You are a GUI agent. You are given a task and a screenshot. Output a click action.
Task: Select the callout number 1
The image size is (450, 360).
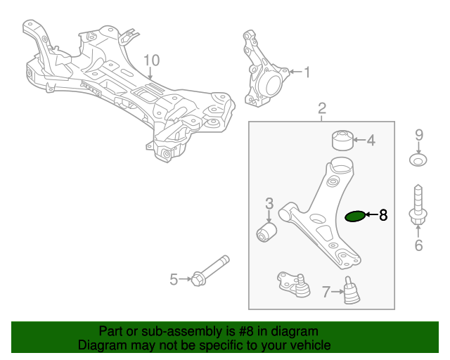coord(307,72)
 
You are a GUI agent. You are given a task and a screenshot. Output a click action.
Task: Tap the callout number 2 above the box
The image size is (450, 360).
coord(322,108)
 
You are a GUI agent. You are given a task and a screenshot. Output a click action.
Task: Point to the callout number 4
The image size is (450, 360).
coord(371,140)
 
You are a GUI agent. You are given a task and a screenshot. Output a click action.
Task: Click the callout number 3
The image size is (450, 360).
coord(269,204)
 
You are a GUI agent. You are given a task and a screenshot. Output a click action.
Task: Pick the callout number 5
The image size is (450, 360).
coord(174,280)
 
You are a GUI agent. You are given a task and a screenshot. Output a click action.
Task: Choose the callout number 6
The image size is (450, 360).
coord(418,245)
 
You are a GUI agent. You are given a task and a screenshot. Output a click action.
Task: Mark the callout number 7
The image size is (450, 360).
coord(326,291)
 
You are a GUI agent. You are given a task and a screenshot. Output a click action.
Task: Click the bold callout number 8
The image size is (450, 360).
coord(383,216)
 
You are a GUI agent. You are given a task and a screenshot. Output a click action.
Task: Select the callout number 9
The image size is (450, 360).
coord(418,134)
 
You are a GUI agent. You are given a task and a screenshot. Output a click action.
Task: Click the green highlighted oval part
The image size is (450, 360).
coord(356,217)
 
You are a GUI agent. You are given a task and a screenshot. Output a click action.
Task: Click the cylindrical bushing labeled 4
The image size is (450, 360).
coord(342,140)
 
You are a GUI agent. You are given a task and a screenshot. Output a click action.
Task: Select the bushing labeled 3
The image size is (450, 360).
coord(266,231)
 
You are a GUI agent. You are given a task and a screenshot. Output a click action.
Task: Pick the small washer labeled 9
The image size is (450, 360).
coord(418,160)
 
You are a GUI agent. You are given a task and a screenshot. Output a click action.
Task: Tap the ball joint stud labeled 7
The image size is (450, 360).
coord(351,292)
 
